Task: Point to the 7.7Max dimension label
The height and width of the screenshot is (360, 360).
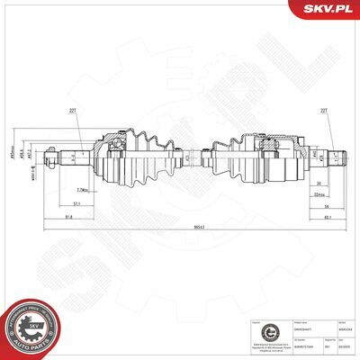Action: [82, 190]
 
